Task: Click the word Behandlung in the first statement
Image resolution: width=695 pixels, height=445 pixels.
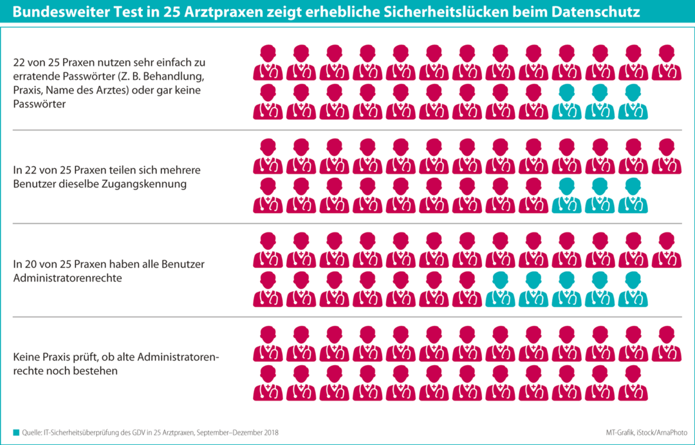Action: [174, 77]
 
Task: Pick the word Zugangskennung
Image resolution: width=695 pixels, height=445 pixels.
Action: [148, 184]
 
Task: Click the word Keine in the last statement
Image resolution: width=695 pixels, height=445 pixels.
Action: [27, 357]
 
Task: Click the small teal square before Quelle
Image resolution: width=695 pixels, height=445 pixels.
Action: [15, 432]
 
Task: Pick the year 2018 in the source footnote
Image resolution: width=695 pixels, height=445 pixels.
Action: [270, 432]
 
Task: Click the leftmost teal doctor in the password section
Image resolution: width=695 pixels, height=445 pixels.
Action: [566, 102]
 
